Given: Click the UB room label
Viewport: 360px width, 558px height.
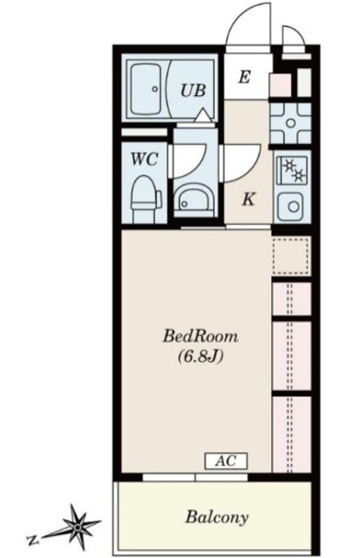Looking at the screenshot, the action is (194, 91).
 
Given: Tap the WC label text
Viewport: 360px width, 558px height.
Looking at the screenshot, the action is (144, 159).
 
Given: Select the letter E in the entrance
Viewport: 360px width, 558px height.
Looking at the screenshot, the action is (244, 77).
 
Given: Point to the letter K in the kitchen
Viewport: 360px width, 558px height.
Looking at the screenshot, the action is (248, 200).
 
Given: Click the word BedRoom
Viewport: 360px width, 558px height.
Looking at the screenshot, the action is (200, 337).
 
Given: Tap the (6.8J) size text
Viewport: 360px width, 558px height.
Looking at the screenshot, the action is (200, 357).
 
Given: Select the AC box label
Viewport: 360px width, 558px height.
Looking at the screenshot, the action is (226, 461).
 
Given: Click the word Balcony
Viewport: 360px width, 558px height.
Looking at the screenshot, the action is (217, 517).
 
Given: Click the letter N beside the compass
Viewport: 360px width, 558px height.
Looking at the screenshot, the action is (32, 541).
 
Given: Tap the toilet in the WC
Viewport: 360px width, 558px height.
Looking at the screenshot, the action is (146, 198).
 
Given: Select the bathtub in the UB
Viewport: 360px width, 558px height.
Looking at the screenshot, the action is (146, 89).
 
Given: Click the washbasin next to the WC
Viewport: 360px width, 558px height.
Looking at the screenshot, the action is (195, 201).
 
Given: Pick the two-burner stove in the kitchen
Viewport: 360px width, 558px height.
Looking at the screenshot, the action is (292, 170).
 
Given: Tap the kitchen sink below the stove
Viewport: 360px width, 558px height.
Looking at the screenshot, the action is (291, 207).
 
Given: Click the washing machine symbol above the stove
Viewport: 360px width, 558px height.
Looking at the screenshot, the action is (290, 123).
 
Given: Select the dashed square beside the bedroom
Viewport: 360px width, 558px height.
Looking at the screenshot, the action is (291, 256).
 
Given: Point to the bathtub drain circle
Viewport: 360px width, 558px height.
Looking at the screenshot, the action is (155, 89).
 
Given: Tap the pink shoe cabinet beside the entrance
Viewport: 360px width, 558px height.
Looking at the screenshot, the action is (281, 85).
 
